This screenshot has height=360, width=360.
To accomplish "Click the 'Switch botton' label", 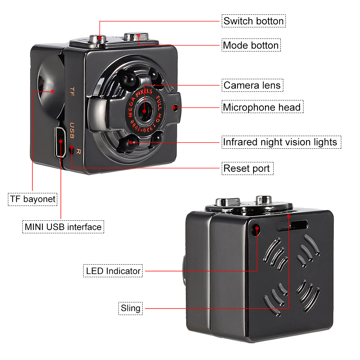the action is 253,21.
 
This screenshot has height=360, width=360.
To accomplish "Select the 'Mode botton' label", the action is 251,45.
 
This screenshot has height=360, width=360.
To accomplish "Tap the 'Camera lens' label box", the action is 252,85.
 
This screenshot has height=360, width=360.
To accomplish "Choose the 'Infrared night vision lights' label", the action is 281,142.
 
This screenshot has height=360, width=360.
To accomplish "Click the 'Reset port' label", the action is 248,168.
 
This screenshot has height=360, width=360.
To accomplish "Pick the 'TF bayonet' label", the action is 33,199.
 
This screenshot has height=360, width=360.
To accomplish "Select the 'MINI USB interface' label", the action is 63,227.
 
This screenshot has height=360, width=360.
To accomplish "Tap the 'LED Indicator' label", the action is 113,271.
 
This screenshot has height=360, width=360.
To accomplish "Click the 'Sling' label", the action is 130,309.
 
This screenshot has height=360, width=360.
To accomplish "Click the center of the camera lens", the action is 144,111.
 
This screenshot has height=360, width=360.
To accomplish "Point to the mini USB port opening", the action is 60,142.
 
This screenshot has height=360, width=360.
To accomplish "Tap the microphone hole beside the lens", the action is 175,107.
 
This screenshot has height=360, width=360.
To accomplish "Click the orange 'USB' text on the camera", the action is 72,130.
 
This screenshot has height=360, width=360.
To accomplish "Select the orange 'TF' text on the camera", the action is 72,91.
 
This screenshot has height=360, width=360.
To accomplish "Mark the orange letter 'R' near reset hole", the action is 78,152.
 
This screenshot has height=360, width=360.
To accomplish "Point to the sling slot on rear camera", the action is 292,225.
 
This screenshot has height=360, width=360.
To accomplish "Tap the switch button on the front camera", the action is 98,39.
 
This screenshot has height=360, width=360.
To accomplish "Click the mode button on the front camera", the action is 136,36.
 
